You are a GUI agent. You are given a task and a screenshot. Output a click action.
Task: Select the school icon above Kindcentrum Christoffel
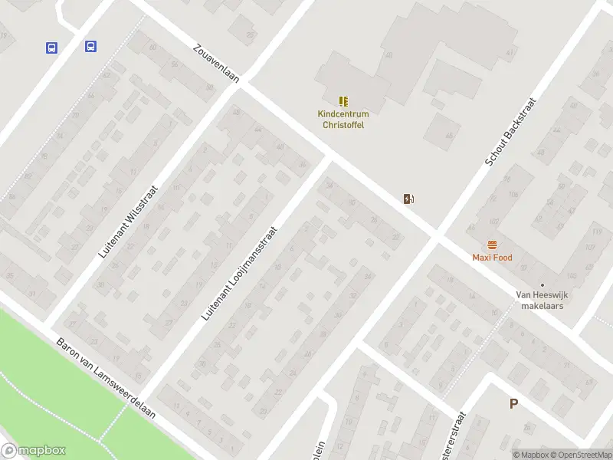click(343, 101)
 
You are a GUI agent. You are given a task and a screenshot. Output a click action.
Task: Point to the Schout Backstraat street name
click(512, 132)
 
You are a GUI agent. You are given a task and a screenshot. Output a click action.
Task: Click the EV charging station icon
click(409, 199)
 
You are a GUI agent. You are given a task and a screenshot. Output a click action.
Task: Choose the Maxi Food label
click(492, 258)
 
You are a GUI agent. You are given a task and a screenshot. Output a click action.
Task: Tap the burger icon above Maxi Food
click(492, 245)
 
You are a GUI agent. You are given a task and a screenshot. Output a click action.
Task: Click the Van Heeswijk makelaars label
click(543, 300)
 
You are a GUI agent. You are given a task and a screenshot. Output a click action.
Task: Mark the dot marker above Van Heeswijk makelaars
click(543, 285)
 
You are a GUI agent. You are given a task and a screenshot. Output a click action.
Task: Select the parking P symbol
click(513, 404)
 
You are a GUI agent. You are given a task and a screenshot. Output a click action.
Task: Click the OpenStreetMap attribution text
click(581, 455)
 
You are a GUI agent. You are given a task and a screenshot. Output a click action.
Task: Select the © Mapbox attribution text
click(530, 455)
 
